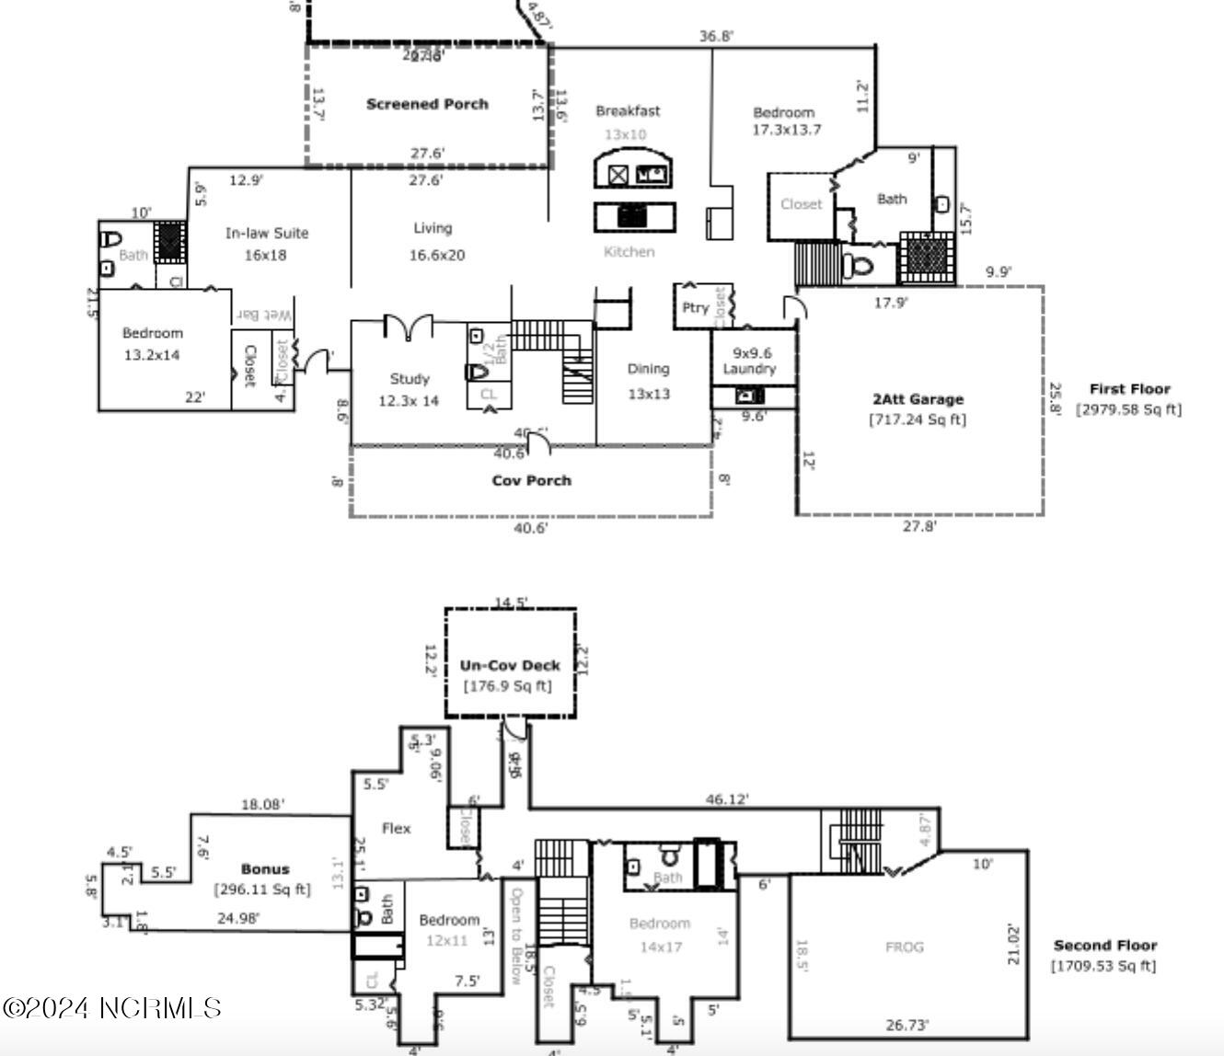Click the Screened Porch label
coord(427,104)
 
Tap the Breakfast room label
coord(627,111)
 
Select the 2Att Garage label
coord(918,399)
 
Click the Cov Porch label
coord(531,480)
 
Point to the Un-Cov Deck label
coord(510,665)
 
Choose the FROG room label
coord(904,947)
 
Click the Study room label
coord(410,379)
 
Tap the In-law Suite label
coord(267,234)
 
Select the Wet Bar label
coord(264,315)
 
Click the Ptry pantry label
coord(695,308)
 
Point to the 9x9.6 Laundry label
coord(750,361)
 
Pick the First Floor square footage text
coord(1128,410)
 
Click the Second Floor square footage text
coord(1103,966)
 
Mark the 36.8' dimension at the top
coord(716,37)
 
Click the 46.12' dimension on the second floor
coord(727,800)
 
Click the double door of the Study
coord(408,327)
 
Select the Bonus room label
coord(265,869)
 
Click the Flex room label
coord(396,829)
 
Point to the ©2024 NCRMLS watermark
coord(111,1008)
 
